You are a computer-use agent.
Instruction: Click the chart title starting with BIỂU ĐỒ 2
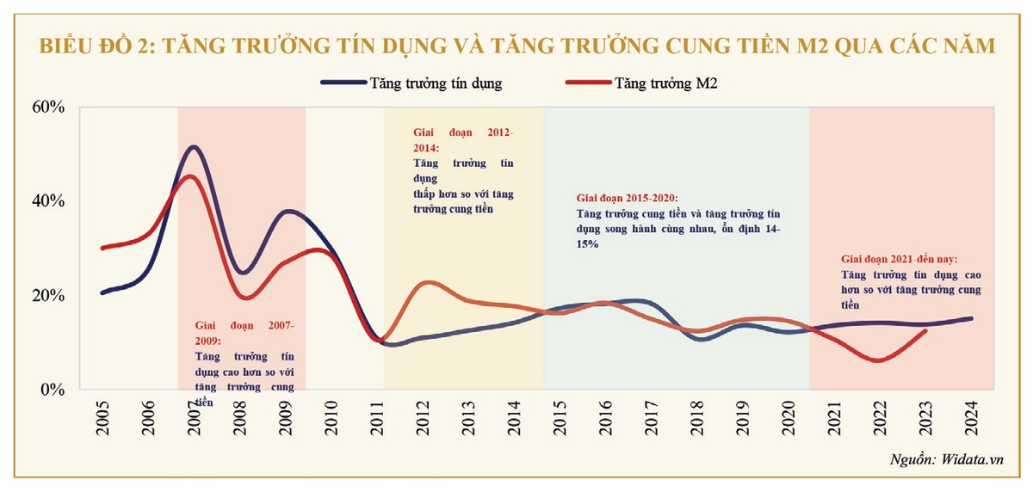517,46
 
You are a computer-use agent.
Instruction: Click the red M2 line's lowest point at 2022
878,360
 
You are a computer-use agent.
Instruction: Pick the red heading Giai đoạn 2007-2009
244,333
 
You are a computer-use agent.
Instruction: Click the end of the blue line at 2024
970,318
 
